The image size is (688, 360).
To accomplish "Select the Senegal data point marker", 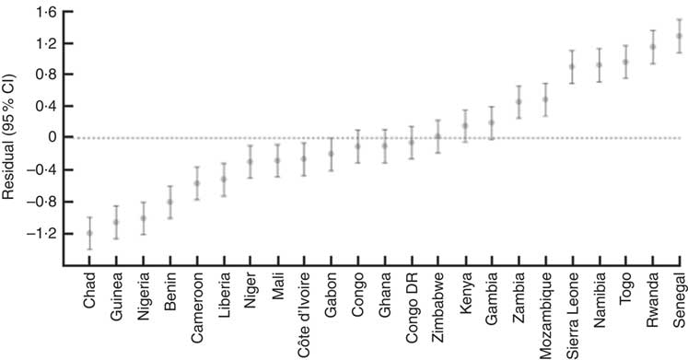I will coord(680,36).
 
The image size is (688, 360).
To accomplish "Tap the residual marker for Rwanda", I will coord(653,47).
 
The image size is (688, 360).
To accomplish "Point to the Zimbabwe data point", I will coord(438,136).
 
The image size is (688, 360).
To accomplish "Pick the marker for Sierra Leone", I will coord(572,66).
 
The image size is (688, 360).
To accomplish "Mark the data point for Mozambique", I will coord(545,99).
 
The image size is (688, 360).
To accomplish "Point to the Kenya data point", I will coord(465,126).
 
